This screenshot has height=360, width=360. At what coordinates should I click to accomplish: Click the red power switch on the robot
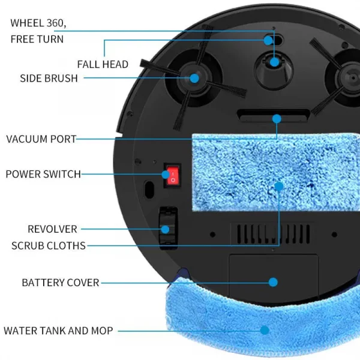point(173,175)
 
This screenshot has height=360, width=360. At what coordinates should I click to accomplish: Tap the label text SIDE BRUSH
point(49,79)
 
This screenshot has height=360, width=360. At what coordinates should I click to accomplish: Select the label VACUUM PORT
point(41,139)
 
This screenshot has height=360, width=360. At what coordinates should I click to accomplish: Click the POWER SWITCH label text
point(43,174)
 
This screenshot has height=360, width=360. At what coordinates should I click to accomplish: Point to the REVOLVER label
point(52,229)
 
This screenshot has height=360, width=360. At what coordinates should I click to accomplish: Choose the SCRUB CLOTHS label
point(49,245)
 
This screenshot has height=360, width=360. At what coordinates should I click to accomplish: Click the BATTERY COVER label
point(60,282)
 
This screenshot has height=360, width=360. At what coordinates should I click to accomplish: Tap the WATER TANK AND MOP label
point(58,330)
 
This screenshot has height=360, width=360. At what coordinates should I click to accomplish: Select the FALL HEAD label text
point(103,64)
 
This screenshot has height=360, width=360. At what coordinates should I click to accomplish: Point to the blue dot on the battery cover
point(274,281)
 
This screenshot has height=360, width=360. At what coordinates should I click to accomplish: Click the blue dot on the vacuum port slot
point(277,118)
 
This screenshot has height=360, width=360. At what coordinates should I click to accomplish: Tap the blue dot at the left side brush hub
point(194,77)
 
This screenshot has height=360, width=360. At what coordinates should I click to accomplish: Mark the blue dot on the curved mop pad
point(265,329)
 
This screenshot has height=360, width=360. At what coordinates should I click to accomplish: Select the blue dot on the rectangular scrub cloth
point(279,187)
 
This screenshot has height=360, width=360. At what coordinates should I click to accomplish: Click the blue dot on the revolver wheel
point(165,229)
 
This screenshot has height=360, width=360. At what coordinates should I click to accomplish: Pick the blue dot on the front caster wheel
point(274,61)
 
